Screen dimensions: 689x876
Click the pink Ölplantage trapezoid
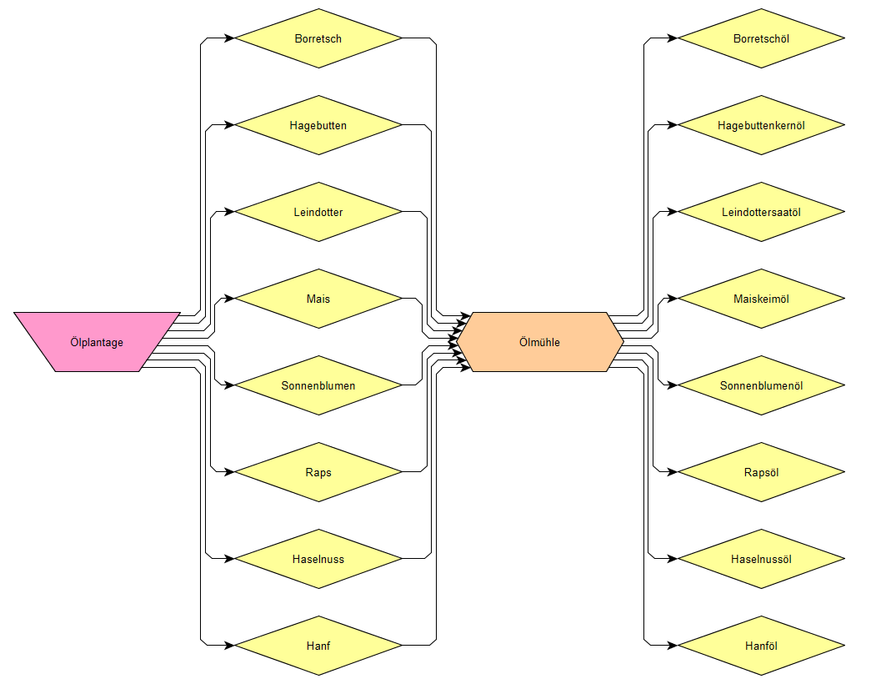[x=97, y=342]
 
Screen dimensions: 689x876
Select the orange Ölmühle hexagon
[x=539, y=342]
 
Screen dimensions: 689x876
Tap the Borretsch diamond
[x=318, y=38]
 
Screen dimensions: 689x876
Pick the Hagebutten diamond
[x=318, y=125]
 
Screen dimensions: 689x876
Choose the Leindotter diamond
[x=318, y=212]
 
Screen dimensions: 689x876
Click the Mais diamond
[x=318, y=299]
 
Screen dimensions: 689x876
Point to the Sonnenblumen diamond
[x=318, y=385]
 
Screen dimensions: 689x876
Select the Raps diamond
[x=318, y=472]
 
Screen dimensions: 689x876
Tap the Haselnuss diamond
[x=318, y=559]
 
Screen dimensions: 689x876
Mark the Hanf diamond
[x=318, y=646]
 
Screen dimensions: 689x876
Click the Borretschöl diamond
[x=761, y=38]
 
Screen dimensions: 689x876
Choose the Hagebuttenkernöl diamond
[x=761, y=125]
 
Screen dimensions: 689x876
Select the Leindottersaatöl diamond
[x=761, y=212]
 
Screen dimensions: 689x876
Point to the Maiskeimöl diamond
[x=761, y=299]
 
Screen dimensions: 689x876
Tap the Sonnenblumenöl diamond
[x=761, y=385]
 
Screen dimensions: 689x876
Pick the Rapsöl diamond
[x=761, y=472]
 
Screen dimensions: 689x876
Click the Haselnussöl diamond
[x=761, y=559]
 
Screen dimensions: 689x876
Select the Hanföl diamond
[x=761, y=646]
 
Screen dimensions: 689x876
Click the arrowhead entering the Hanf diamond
[x=229, y=646]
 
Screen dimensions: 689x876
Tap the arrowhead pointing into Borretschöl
[x=673, y=38]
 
